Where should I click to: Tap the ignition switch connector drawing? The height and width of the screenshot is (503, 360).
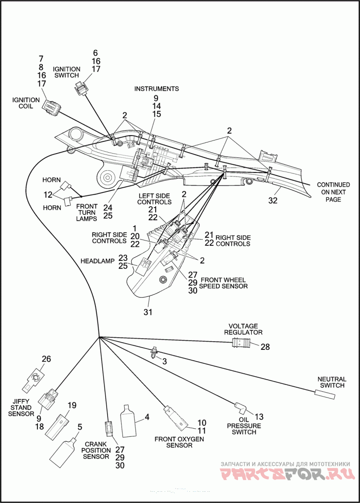click(81, 88)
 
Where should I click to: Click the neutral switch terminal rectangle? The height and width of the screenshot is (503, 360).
click(325, 394)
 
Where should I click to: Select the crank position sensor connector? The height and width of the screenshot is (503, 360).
click(109, 429)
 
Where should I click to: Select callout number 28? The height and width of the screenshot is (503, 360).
click(265, 347)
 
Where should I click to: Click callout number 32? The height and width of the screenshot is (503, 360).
click(273, 200)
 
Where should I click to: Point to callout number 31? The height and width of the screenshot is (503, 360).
click(148, 312)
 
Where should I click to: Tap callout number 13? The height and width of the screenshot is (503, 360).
click(259, 417)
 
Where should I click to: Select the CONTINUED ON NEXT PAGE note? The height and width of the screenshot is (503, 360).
click(333, 192)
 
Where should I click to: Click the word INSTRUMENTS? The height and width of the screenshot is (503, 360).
click(157, 89)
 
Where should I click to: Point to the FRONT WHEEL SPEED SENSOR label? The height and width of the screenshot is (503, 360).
click(224, 283)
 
